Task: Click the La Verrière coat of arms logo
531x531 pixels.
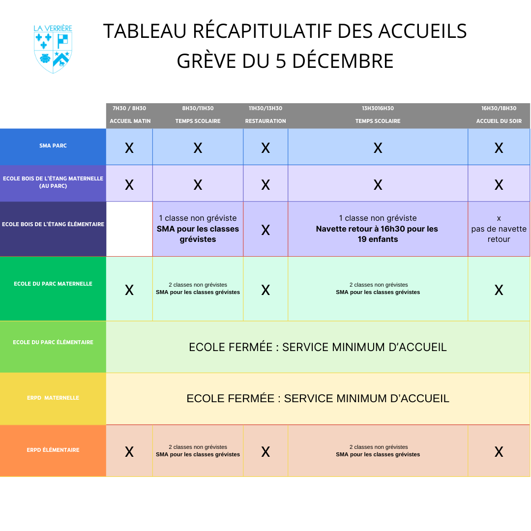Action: (x=53, y=49)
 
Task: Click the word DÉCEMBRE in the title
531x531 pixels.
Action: (x=343, y=61)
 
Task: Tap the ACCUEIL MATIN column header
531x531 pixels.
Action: (x=130, y=121)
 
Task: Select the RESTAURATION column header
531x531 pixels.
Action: (x=265, y=121)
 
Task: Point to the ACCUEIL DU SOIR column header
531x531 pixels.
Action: (x=499, y=121)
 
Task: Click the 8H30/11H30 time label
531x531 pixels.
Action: (x=198, y=108)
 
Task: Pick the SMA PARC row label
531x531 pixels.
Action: (x=53, y=146)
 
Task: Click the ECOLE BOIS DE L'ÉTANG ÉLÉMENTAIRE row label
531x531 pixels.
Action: (x=53, y=224)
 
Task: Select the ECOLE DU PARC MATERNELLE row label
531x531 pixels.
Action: (x=53, y=284)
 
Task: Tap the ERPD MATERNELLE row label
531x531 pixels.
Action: (x=53, y=398)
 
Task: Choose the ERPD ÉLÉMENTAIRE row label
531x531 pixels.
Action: (x=53, y=450)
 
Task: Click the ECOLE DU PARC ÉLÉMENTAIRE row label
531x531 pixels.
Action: (x=53, y=342)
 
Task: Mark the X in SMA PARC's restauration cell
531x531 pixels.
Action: (x=265, y=148)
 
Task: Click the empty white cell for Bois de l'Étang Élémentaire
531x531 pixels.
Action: (x=129, y=229)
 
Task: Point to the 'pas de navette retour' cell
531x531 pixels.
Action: (x=499, y=229)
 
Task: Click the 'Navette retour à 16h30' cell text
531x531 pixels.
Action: (x=378, y=229)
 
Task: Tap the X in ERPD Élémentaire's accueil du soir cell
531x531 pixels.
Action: (x=499, y=452)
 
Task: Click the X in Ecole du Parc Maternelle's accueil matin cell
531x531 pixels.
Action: (x=129, y=290)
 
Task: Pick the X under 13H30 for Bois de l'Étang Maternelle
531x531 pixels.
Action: (x=378, y=185)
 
